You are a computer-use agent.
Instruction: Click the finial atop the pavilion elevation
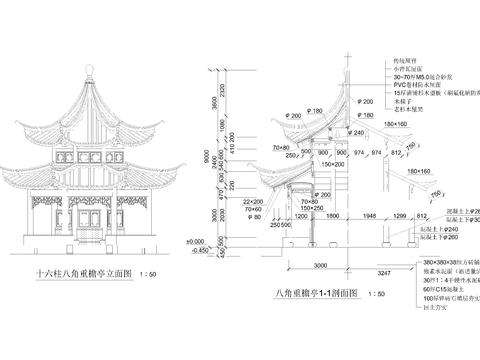pos(87,69)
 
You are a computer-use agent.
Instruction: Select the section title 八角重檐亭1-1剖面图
pos(306,291)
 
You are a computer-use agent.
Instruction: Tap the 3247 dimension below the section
pos(380,270)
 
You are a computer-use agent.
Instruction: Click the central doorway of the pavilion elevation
pos(87,227)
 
